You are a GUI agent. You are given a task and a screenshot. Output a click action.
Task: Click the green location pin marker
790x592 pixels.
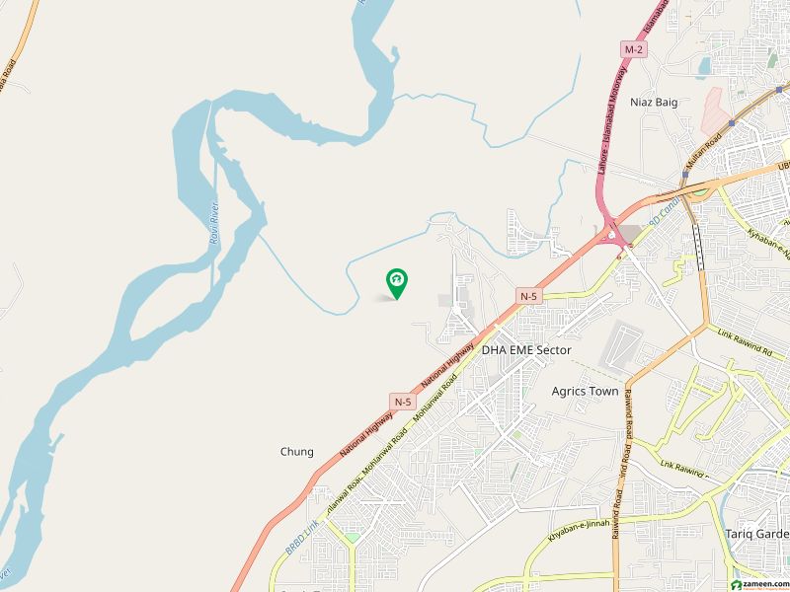[x=396, y=284]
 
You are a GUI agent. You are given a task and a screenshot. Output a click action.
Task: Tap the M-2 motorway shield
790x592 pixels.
[x=632, y=48]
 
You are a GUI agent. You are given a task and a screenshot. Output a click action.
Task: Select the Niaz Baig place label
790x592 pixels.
[x=654, y=102]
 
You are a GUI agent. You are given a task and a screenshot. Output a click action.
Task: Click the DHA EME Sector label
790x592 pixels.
[x=526, y=350]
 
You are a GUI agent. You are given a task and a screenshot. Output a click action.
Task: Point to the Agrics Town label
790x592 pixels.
[x=585, y=391]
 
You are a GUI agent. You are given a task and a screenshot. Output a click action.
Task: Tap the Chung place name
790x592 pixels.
[x=296, y=452]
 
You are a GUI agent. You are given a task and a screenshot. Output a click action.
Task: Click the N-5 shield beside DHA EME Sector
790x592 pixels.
[x=529, y=295]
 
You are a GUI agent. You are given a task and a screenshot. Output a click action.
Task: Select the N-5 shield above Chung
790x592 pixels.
[x=403, y=402]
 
